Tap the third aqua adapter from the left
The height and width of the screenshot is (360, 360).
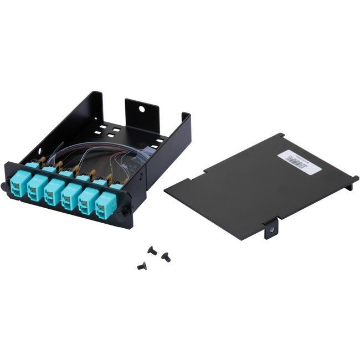[x=54, y=190]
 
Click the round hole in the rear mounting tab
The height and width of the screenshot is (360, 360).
[x=142, y=109]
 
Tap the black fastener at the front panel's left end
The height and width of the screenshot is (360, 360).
[x=5, y=186]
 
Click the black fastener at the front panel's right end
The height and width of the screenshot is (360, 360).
[x=125, y=211]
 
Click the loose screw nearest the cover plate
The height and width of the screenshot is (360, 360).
[x=165, y=256]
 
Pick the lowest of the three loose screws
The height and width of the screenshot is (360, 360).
[x=141, y=266]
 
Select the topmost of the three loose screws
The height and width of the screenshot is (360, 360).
[x=152, y=250]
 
